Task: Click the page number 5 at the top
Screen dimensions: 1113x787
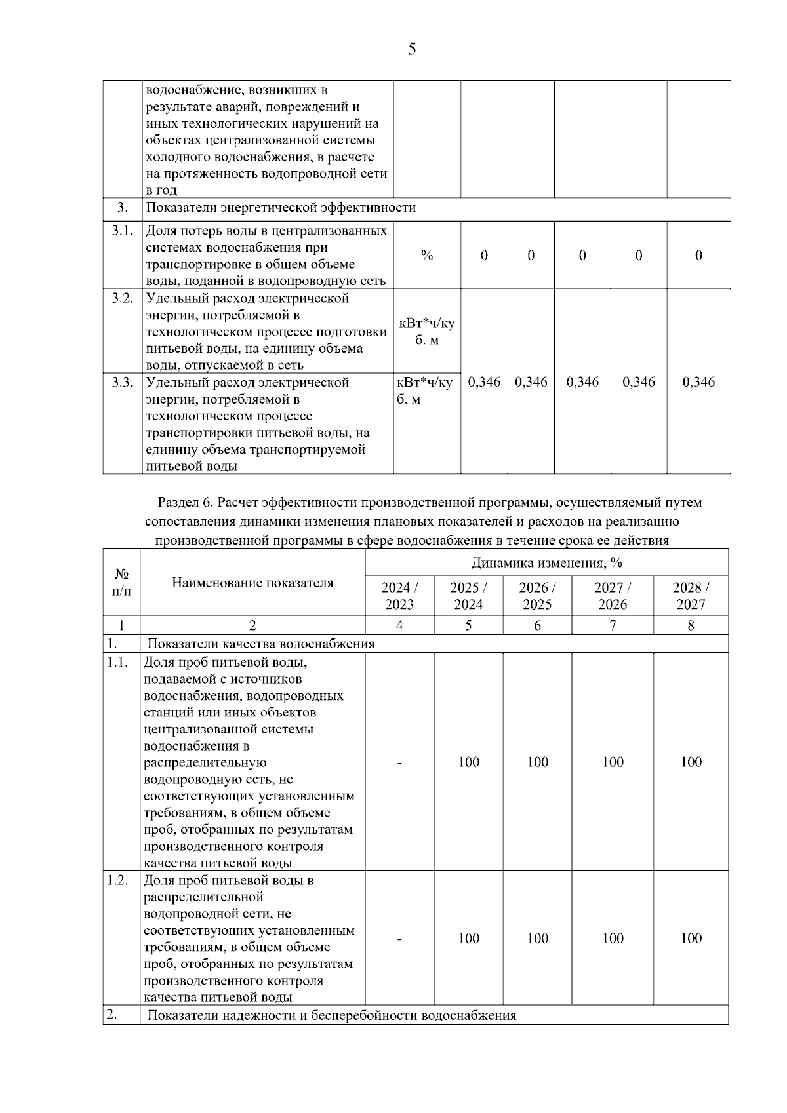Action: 411,49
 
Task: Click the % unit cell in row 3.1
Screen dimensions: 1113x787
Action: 426,256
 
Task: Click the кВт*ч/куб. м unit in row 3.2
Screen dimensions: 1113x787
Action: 426,332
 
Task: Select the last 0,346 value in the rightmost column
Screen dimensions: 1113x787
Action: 698,382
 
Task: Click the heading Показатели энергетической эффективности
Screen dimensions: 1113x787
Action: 281,208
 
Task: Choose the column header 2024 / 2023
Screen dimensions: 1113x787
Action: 399,596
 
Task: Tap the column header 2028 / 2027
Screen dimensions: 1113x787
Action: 691,596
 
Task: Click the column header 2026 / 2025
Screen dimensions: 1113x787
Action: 537,596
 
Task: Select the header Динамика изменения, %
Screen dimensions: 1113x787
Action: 546,563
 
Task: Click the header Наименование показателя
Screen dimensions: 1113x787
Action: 252,583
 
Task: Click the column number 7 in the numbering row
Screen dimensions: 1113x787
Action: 613,625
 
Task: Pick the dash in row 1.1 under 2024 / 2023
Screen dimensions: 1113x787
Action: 399,762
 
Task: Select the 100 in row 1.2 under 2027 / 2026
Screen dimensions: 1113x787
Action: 613,939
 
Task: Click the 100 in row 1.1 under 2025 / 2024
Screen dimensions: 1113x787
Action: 468,762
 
